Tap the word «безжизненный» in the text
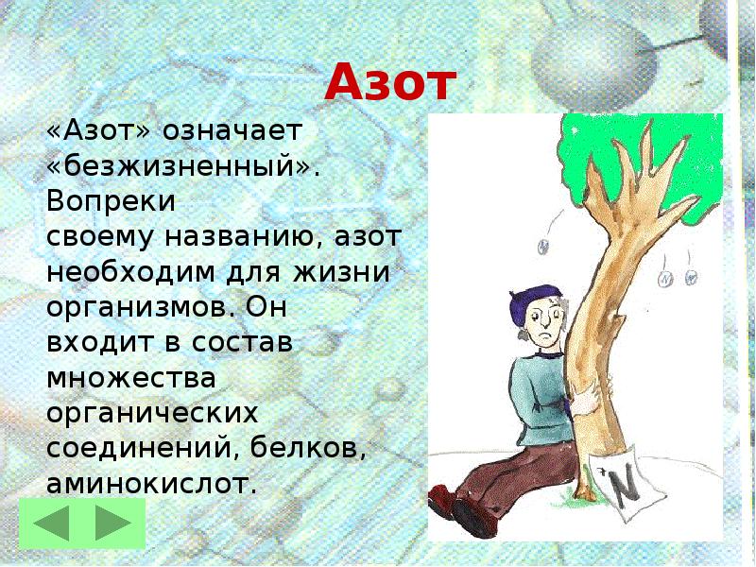coord(184,167)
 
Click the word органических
coord(152,415)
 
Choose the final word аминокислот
coord(151,484)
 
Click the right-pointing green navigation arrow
coord(112,524)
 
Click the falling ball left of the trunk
coord(543,246)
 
